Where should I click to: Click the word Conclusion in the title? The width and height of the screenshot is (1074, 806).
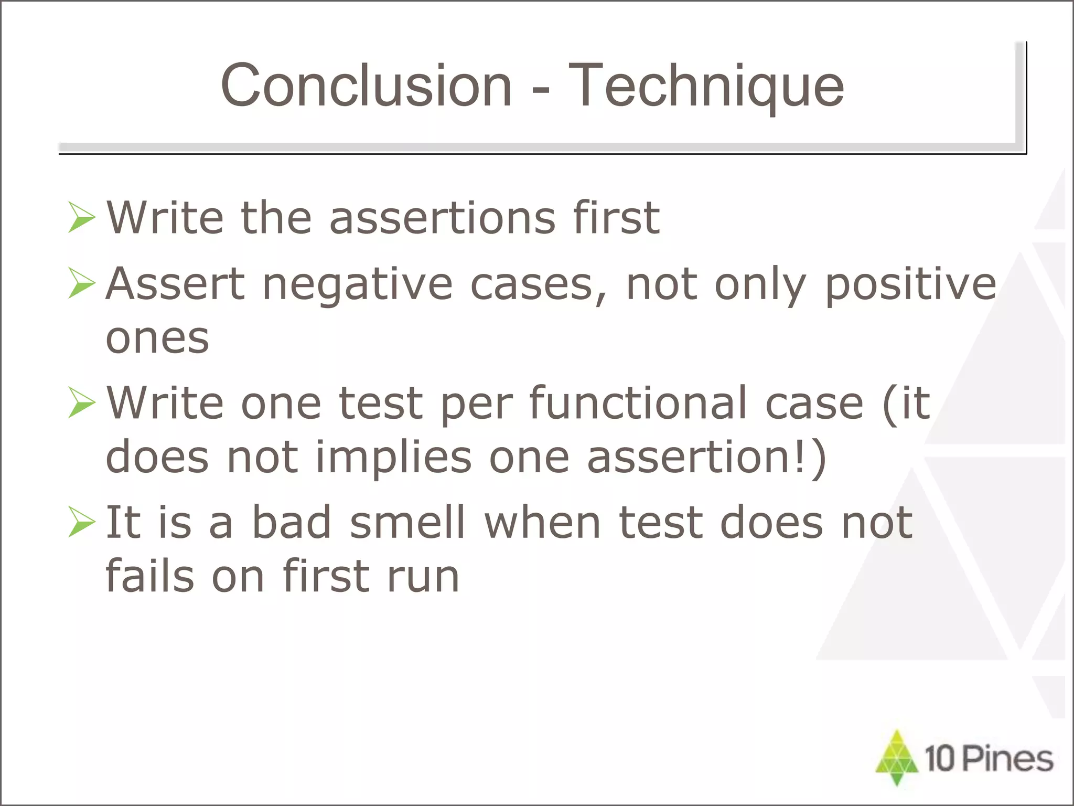(366, 86)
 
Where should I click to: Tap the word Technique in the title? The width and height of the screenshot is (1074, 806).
(706, 86)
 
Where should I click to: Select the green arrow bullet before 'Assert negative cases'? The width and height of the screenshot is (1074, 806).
(82, 284)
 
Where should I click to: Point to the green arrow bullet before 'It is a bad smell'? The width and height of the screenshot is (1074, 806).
(82, 523)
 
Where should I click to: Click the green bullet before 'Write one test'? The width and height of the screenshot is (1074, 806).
(82, 403)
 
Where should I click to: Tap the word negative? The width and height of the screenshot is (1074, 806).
(357, 285)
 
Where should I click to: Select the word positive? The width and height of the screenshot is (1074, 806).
(910, 285)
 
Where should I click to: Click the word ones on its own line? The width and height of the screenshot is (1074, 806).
(157, 338)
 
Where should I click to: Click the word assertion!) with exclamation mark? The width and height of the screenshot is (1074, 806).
(706, 458)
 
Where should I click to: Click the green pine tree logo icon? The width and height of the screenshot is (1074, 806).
(897, 757)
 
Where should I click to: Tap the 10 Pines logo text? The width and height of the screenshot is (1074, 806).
(989, 759)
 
